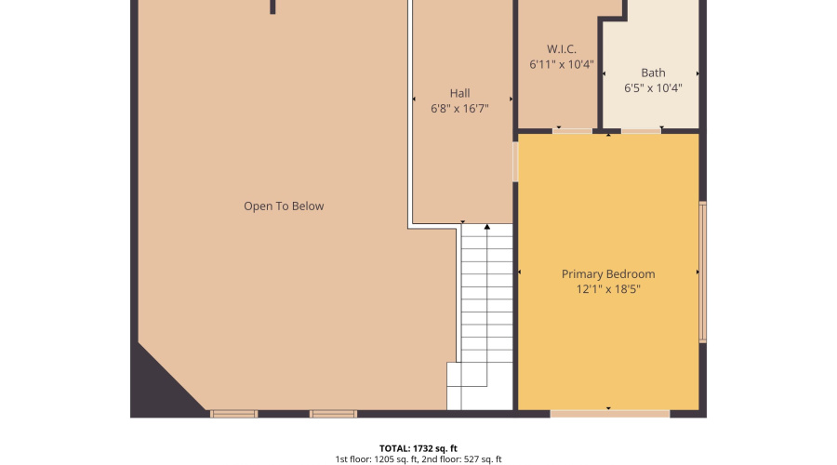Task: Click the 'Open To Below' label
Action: pyautogui.click(x=284, y=206)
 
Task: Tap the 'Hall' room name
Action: pyautogui.click(x=459, y=93)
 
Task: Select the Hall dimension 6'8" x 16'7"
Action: pyautogui.click(x=459, y=109)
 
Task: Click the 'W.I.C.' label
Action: pyautogui.click(x=562, y=48)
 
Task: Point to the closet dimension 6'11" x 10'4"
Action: pyautogui.click(x=562, y=65)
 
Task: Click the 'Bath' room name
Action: pyautogui.click(x=653, y=73)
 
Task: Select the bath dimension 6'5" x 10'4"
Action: pyautogui.click(x=653, y=88)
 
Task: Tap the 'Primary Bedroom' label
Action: pyautogui.click(x=608, y=274)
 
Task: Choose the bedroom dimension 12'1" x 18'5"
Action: pyautogui.click(x=608, y=289)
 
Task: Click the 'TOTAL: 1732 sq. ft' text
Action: pyautogui.click(x=418, y=447)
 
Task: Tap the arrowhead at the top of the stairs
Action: pyautogui.click(x=486, y=226)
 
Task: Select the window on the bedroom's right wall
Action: pyautogui.click(x=703, y=272)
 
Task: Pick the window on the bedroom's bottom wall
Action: pyautogui.click(x=609, y=413)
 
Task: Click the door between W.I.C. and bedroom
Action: pyautogui.click(x=572, y=131)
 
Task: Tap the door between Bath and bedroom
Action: pyautogui.click(x=641, y=131)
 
